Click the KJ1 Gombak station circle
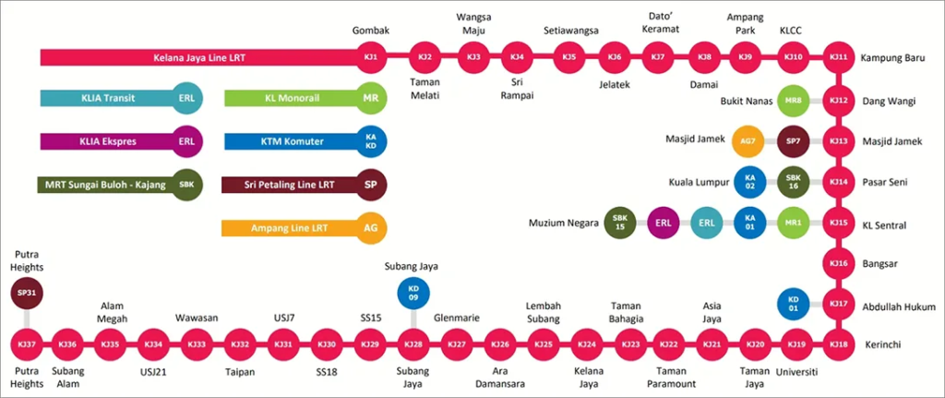pos(372,58)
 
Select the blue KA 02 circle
pos(748,182)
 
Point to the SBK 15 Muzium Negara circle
pos(620,223)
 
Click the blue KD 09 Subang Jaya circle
pos(413,293)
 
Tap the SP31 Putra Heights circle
pos(27,294)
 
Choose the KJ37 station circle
pos(27,344)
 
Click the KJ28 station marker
pos(413,344)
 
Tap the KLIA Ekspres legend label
pos(102,141)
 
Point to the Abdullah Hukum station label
pos(901,306)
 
